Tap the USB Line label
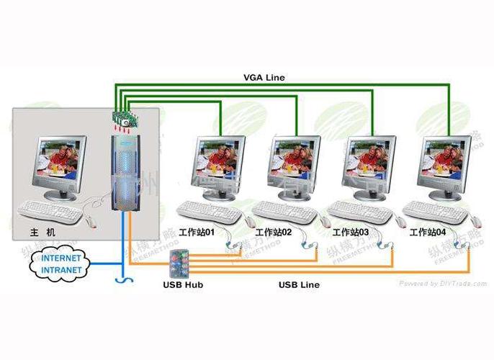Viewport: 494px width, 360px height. tap(299, 285)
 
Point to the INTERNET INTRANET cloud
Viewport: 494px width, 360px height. tap(62, 262)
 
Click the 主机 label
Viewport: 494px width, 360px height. tap(42, 232)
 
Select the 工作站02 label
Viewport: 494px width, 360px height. tap(274, 233)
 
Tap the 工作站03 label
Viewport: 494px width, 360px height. tap(350, 233)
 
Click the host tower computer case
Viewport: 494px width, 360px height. tap(127, 173)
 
